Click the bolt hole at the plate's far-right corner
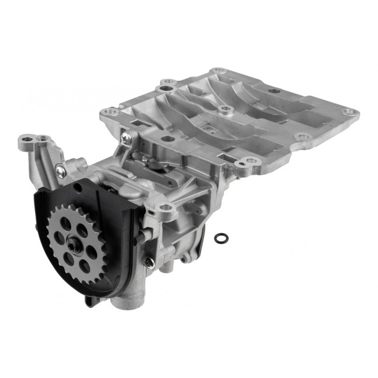point(350,112)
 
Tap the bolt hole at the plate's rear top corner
point(218,71)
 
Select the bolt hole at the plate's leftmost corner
point(112,112)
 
